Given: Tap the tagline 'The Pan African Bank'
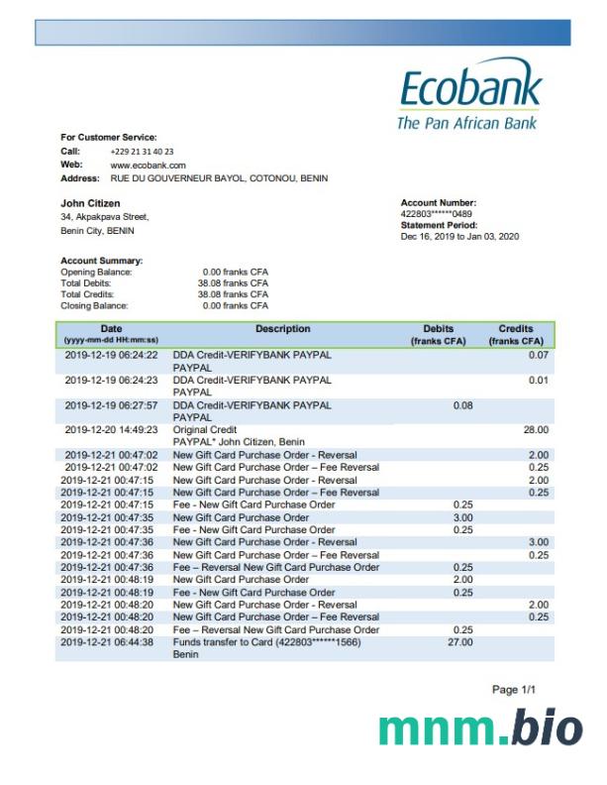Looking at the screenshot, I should point(466,123).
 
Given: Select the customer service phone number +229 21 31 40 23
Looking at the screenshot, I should point(142,151).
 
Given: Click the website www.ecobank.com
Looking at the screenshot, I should point(148,165).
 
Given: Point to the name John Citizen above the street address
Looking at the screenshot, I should point(91,203).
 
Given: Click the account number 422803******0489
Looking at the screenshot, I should point(436,213).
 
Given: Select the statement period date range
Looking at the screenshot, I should point(459,237).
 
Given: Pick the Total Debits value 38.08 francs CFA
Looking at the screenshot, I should point(233,282).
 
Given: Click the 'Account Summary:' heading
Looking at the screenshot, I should point(102,261).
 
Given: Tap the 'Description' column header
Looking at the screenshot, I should point(282,329).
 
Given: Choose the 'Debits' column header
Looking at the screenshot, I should point(437,329).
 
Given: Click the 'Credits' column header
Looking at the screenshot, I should point(516,329).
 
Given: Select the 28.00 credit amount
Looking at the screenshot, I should point(535,429).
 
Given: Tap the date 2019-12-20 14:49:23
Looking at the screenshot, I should point(111,429).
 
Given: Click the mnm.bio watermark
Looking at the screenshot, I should point(481,729).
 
